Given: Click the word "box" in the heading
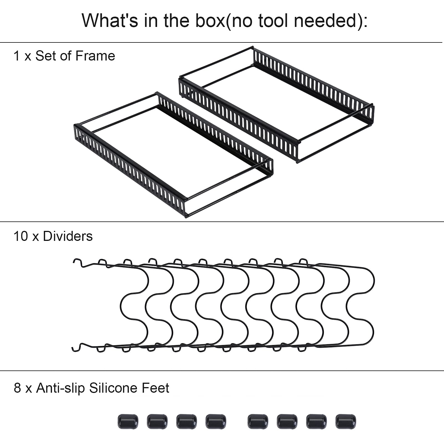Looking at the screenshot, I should (211, 21).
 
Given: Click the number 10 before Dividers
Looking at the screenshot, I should (21, 236).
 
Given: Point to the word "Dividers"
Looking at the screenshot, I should (68, 236).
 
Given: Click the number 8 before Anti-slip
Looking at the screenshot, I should (17, 388).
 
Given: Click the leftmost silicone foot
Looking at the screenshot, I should (128, 422).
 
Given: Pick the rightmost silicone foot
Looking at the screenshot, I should (345, 422).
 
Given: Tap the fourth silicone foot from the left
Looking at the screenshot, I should (216, 422).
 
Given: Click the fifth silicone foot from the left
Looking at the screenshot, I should (258, 422).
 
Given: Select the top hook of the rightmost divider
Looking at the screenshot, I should (304, 261).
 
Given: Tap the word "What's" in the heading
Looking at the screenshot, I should (110, 21).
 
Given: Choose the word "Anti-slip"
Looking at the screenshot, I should (60, 388).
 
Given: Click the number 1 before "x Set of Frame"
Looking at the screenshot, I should (16, 56).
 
